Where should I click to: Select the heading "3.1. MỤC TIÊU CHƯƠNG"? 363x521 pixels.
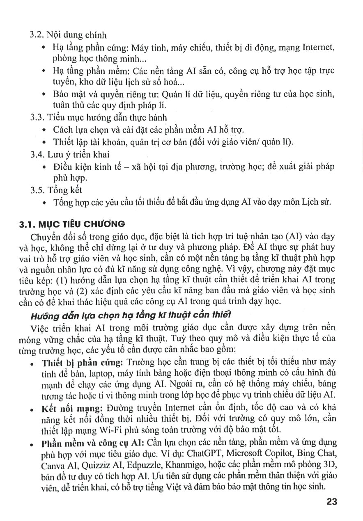tap(72, 224)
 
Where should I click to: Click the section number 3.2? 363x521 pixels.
tap(38, 35)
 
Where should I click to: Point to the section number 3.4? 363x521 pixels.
tap(38, 154)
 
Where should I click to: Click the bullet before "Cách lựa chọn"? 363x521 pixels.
tap(44, 130)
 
